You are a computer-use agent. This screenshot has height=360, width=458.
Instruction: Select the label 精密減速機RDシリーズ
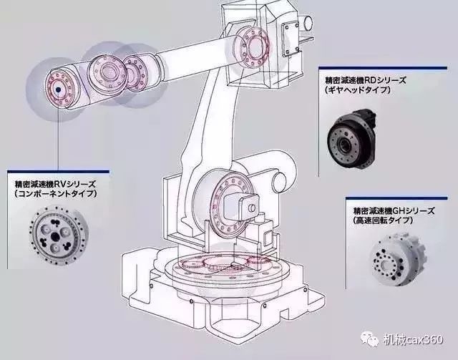(361, 81)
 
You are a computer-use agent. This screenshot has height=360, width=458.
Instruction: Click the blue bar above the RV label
(57, 172)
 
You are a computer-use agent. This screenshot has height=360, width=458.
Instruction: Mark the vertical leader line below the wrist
(57, 140)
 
